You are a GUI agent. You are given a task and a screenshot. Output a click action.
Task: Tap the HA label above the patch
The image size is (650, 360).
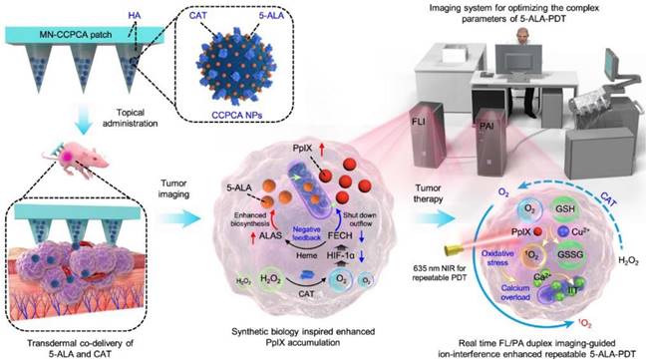coord(134,18)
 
